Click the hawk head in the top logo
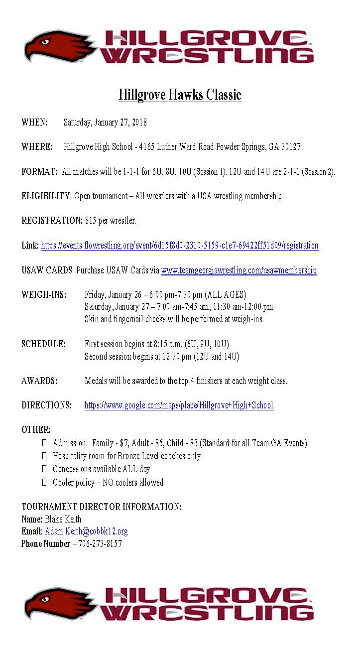coord(55,47)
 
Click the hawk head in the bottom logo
coord(55,603)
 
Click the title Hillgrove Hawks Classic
coord(180,95)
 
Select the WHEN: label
coord(34,123)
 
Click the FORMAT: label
coord(39,172)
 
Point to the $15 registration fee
coord(90,221)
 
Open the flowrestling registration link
coord(179,246)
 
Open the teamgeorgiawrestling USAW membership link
coord(239,270)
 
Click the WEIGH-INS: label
coord(44,295)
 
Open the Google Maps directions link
coord(179,405)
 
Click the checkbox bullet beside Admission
coord(44,443)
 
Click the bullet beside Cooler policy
coord(44,482)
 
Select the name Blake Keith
coord(63,520)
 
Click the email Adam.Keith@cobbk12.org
coord(86,531)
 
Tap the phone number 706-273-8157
coord(100,544)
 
